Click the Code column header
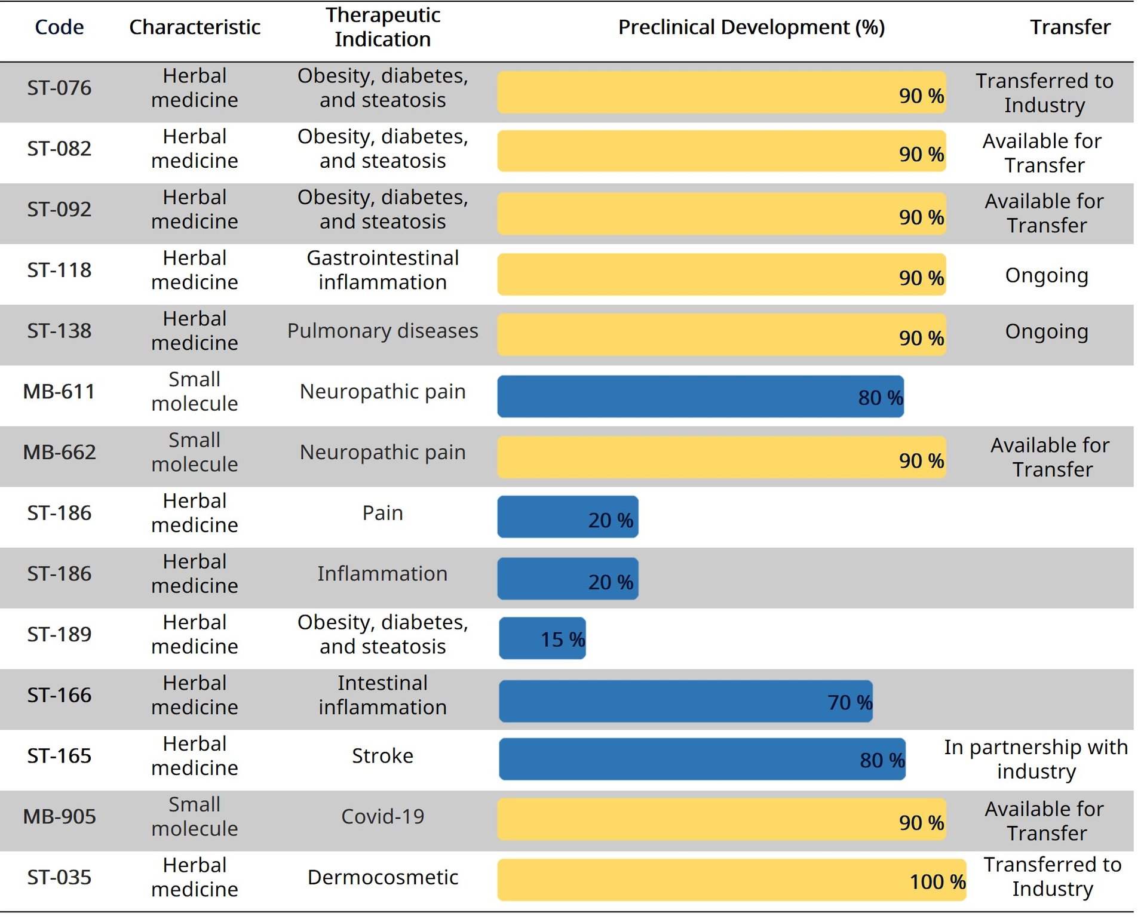(59, 27)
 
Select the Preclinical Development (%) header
(751, 27)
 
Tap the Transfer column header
(1069, 27)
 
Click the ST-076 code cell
(59, 88)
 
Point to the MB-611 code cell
(59, 392)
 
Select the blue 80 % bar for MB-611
(700, 397)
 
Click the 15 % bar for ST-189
(542, 638)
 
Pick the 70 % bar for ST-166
(685, 701)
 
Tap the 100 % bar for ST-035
(731, 880)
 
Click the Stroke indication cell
(382, 756)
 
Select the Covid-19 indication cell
(382, 816)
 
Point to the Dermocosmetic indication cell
(382, 877)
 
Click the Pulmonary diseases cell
(382, 331)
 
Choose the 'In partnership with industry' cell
(1036, 759)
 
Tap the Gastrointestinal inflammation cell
(382, 270)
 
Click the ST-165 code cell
(59, 756)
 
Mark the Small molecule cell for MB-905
(195, 816)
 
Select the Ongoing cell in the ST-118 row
(1046, 275)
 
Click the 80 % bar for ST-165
(702, 759)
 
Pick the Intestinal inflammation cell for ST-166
(382, 695)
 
